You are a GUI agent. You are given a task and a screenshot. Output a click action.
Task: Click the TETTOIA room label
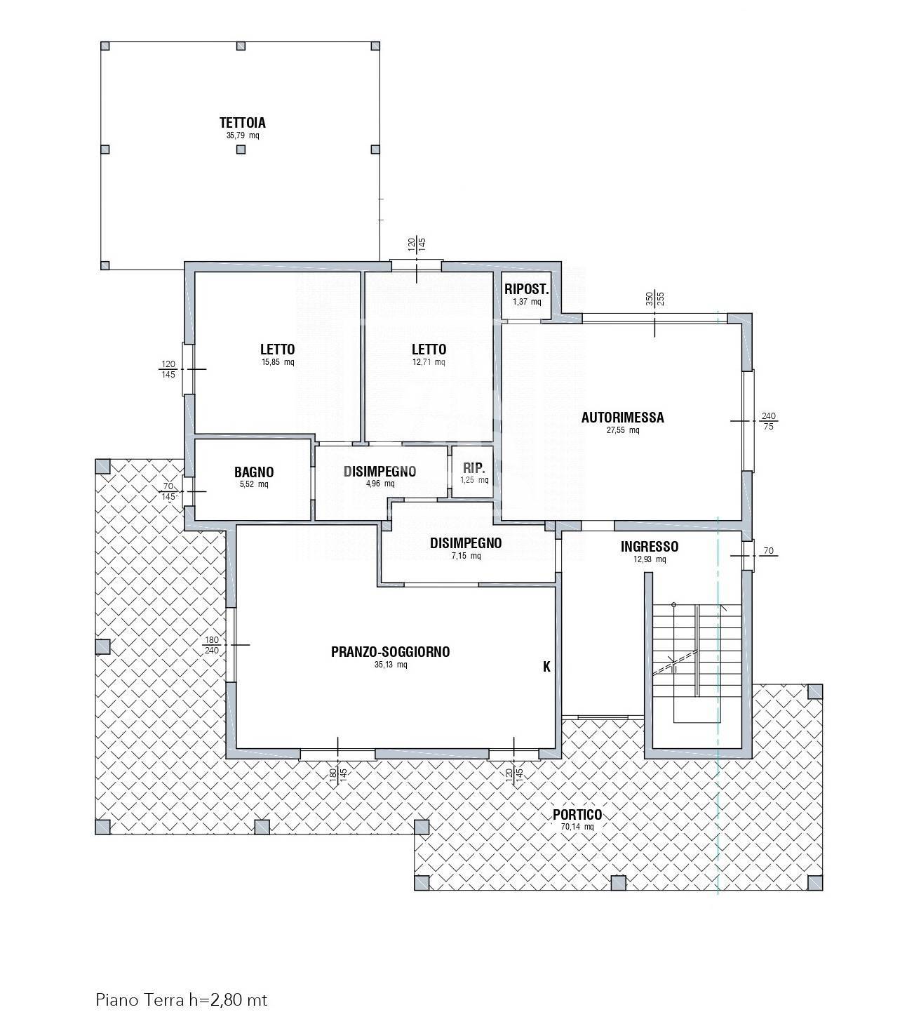pos(242,123)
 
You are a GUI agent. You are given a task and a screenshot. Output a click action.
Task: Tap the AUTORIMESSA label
pos(623,418)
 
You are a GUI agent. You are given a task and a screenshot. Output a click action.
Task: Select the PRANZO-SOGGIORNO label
pos(390,652)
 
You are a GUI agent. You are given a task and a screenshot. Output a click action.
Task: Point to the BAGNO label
pos(254,472)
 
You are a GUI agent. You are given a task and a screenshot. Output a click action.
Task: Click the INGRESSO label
pos(649,547)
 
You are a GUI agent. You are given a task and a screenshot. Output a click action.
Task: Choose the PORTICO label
pos(577,815)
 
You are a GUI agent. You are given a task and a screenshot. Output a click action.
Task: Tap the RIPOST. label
pos(527,289)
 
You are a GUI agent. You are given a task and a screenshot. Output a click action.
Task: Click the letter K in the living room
pos(547,667)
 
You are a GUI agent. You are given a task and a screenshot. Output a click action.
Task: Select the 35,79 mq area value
pos(243,136)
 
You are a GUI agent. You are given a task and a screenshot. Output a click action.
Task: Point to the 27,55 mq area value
pos(623,430)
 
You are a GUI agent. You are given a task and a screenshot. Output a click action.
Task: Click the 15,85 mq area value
pos(278,362)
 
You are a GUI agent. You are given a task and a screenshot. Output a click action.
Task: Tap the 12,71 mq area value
pos(429,362)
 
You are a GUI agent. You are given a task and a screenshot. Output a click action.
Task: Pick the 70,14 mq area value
pos(577,827)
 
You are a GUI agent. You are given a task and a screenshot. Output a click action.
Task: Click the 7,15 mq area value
pos(466,556)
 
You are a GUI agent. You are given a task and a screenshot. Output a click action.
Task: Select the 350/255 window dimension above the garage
pos(654,299)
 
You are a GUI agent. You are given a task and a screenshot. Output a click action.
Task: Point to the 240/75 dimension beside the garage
pos(769,421)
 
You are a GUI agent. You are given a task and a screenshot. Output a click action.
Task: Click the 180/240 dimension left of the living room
pos(212,645)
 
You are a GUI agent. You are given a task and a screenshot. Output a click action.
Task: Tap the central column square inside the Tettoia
pos(241,149)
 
